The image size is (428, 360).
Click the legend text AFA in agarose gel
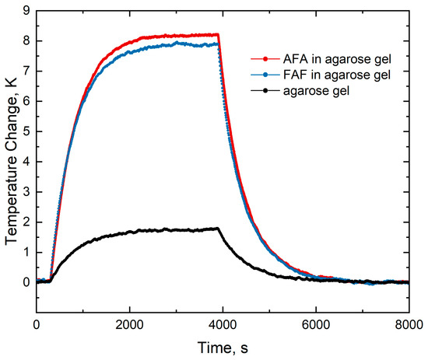point(337,59)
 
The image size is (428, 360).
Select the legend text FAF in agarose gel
point(337,75)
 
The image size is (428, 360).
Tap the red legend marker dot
point(265,59)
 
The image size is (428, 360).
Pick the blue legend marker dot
point(265,75)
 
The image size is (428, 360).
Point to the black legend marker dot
point(265,90)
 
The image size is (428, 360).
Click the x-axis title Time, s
point(223,348)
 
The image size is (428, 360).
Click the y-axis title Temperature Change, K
point(11,162)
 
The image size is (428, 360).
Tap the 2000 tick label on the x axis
point(129,325)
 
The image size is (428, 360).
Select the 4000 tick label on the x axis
point(223,325)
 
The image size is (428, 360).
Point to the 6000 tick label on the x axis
point(316,325)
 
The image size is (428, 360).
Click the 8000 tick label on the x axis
point(409,325)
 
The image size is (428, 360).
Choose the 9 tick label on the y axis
point(26,11)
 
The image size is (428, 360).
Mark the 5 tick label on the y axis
point(26,131)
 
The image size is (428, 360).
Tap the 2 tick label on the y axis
point(26,222)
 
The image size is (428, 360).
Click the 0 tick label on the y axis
point(26,282)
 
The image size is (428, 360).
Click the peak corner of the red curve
point(218,34)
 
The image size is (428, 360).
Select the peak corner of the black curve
point(218,228)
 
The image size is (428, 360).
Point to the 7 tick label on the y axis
point(26,72)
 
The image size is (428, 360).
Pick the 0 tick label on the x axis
point(37,325)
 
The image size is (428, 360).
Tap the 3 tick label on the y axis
point(26,192)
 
